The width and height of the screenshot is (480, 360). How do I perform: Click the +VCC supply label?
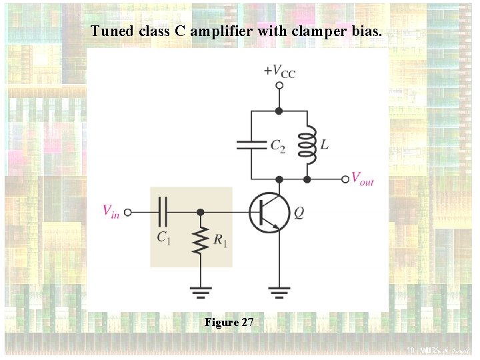click(279, 71)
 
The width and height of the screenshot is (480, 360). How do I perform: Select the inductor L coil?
click(307, 145)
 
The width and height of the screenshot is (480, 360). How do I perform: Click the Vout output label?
click(363, 179)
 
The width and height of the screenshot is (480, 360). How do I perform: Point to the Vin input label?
click(111, 211)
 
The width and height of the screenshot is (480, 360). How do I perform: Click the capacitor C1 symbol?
click(163, 212)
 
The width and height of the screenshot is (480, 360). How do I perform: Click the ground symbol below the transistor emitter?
click(279, 291)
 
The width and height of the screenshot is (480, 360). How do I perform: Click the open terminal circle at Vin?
click(127, 212)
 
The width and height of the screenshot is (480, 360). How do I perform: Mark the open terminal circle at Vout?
click(345, 179)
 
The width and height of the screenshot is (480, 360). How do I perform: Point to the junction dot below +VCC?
click(279, 111)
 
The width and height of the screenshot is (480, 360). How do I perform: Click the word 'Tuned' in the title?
click(106, 31)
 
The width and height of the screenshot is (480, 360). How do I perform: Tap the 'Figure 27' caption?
click(229, 323)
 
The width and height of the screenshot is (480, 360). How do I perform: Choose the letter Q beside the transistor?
click(299, 213)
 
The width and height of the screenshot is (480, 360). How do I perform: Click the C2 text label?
click(277, 145)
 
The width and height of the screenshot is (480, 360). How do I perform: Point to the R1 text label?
click(220, 241)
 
